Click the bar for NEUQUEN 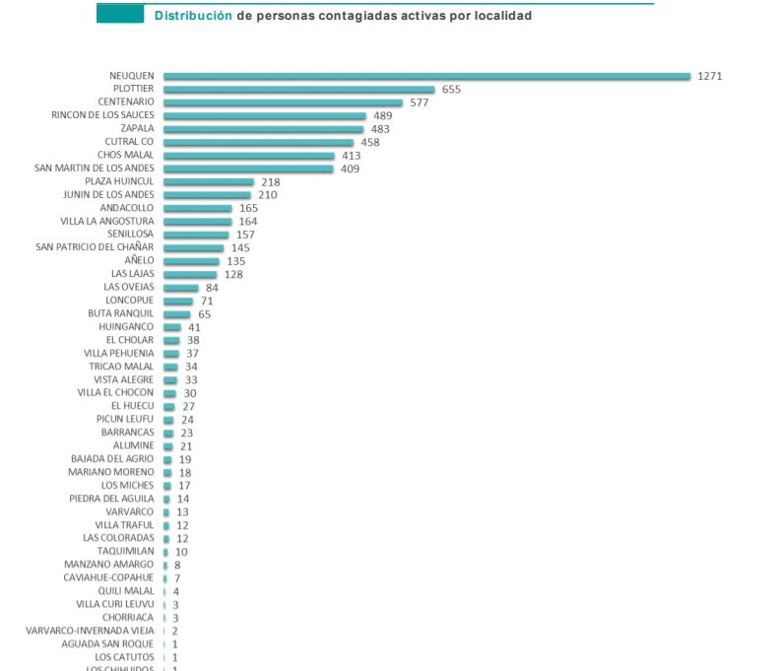pyautogui.click(x=426, y=76)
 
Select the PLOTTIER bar pyautogui.click(x=298, y=90)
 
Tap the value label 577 pyautogui.click(x=419, y=102)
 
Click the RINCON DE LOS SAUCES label pyautogui.click(x=102, y=115)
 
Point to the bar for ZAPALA pyautogui.click(x=264, y=129)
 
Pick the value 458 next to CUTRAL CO pyautogui.click(x=370, y=142)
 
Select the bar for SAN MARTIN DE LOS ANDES pyautogui.click(x=248, y=168)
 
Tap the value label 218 pyautogui.click(x=270, y=182)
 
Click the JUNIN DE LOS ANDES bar pyautogui.click(x=208, y=195)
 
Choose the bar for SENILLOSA pyautogui.click(x=196, y=235)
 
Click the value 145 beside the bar pyautogui.click(x=240, y=247)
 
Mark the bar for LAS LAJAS pyautogui.click(x=190, y=274)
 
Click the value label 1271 pyautogui.click(x=709, y=76)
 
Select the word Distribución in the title pyautogui.click(x=194, y=16)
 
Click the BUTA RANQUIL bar pyautogui.click(x=177, y=314)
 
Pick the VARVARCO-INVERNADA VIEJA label pyautogui.click(x=90, y=631)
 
